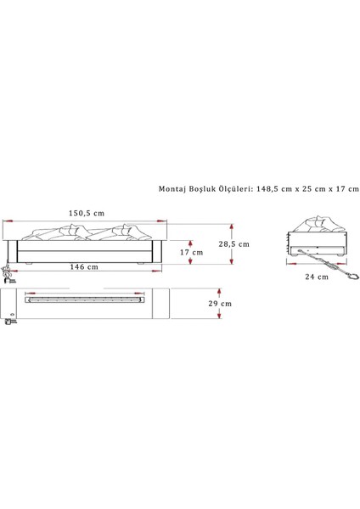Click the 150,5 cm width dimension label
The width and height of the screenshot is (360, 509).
point(87,213)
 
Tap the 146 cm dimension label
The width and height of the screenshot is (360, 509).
point(84,267)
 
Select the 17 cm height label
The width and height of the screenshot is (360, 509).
point(191,252)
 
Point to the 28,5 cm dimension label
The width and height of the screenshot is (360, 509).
point(234,244)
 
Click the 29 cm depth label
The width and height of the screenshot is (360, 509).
point(220,304)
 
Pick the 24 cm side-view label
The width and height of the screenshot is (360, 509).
point(317,277)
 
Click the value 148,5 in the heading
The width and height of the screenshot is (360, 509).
point(266,189)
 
